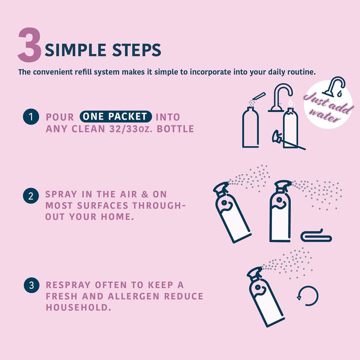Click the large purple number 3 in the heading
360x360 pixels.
30,45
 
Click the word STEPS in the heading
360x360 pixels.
136,50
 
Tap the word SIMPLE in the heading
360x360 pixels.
75,50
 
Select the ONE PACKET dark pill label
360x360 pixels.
115,116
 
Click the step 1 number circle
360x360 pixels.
31,116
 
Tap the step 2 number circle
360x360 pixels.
31,196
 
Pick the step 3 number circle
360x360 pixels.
31,285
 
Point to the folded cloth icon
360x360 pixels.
316,236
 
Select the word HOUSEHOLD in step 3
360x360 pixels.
78,307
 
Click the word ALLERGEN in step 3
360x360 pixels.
133,296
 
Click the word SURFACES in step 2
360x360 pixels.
102,205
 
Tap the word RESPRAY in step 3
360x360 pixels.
68,285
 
